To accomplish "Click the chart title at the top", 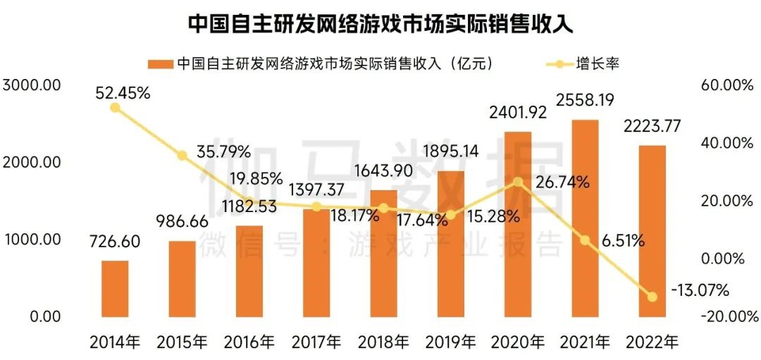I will (380, 23).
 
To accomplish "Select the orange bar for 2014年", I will (115, 289).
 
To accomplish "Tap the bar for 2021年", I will (585, 218).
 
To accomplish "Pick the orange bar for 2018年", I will (383, 254).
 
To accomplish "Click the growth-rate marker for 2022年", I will (652, 297).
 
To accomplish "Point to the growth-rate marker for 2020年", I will (518, 182).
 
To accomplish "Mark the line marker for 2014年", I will (115, 107).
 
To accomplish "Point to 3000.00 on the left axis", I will (33, 85).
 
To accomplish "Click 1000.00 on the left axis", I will (33, 240).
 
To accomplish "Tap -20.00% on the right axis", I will (726, 316).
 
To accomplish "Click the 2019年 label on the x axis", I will (450, 342).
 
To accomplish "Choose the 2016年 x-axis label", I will (249, 342).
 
